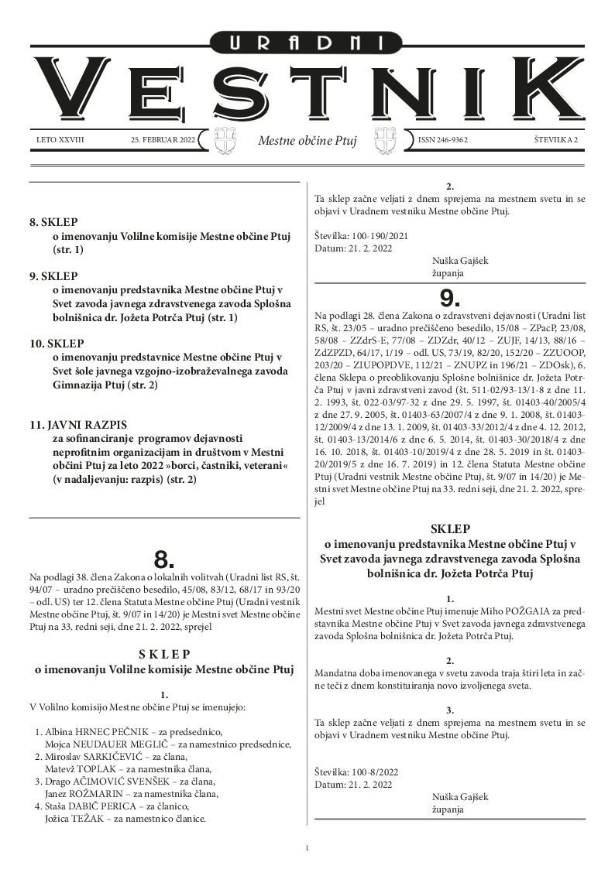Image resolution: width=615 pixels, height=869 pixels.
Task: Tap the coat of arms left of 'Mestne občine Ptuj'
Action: [x=222, y=140]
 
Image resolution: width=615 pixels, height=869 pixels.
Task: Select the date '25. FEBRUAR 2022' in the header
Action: [x=163, y=140]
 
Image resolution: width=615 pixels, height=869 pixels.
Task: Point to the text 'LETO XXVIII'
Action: [x=60, y=140]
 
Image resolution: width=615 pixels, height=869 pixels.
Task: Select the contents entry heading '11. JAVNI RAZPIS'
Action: [x=77, y=425]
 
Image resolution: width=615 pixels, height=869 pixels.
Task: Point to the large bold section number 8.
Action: [x=164, y=559]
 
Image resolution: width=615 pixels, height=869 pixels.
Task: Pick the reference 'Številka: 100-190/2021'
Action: [x=361, y=235]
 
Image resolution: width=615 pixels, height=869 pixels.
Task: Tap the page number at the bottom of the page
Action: [x=307, y=849]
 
